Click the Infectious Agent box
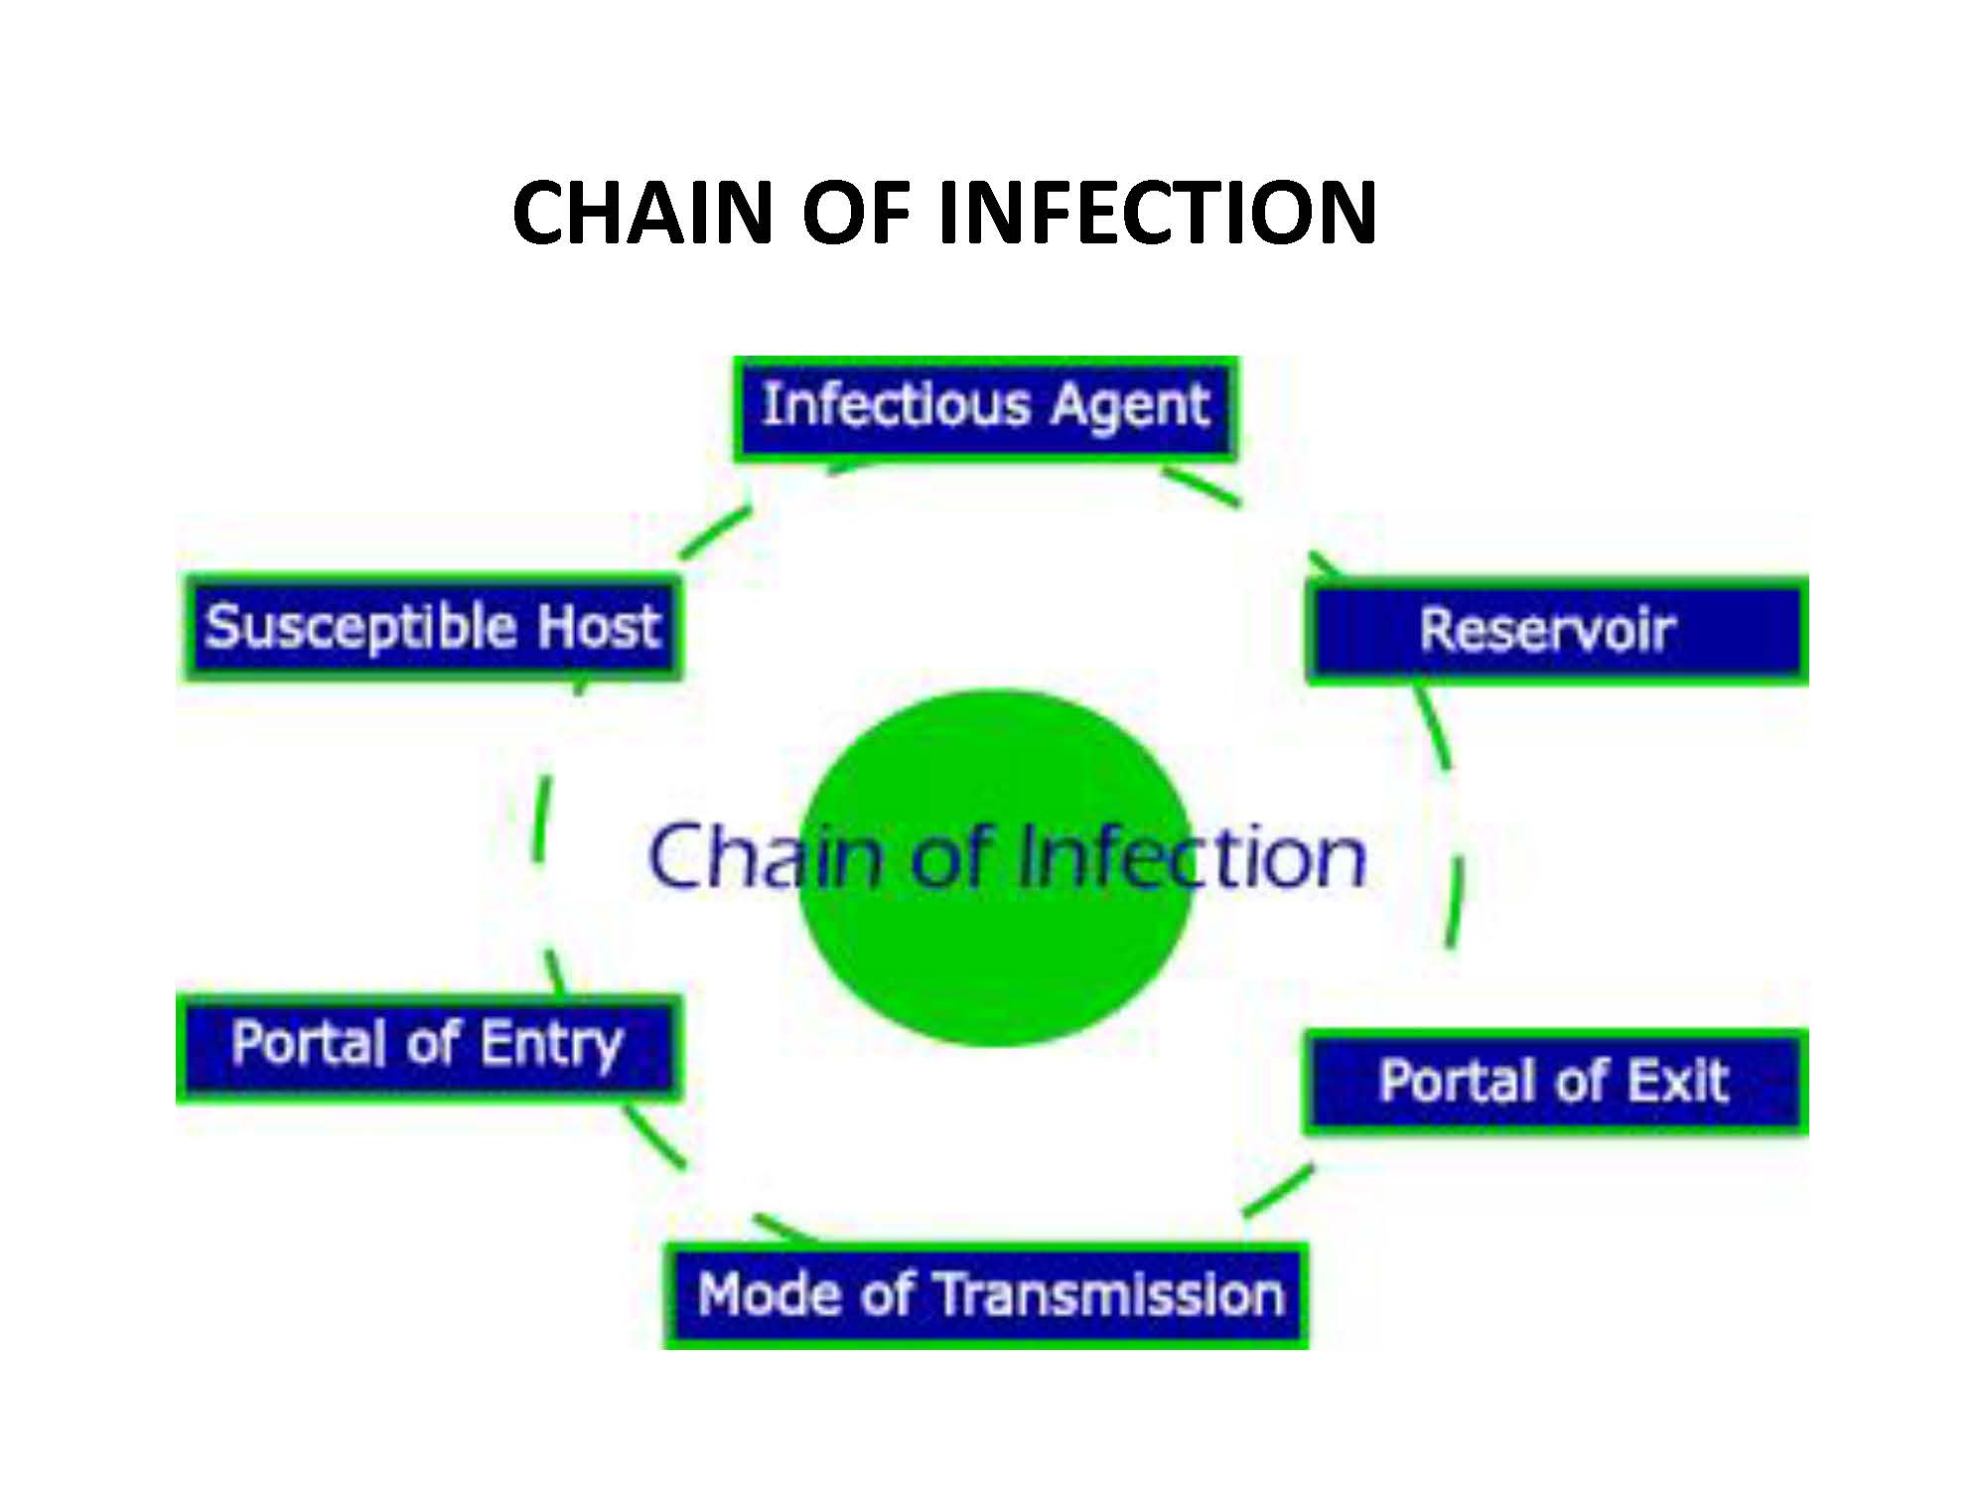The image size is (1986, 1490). pyautogui.click(x=985, y=407)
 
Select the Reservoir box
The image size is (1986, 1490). pyautogui.click(x=1556, y=630)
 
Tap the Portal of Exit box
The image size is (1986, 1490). pyautogui.click(x=1555, y=1082)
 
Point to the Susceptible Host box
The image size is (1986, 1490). pyautogui.click(x=433, y=627)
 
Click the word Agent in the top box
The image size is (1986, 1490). pyautogui.click(x=1129, y=406)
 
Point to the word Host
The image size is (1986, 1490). pyautogui.click(x=599, y=627)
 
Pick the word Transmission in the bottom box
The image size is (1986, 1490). pyautogui.click(x=1110, y=1295)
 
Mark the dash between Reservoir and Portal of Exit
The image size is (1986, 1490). pyautogui.click(x=1454, y=899)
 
